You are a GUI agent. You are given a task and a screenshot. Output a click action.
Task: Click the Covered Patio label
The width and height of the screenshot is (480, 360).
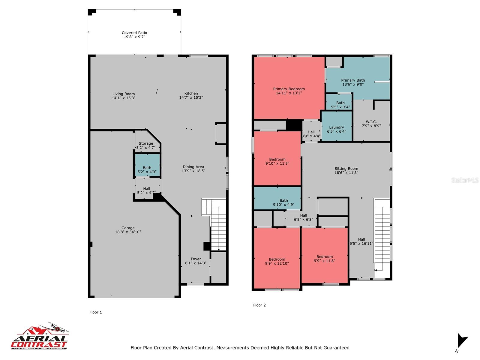tap(134, 33)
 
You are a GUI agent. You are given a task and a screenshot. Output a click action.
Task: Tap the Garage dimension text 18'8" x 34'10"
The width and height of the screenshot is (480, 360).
tap(128, 232)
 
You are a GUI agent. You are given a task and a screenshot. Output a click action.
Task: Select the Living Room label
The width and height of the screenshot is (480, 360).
tap(124, 94)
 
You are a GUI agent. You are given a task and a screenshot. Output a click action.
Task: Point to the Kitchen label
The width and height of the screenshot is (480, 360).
tap(191, 93)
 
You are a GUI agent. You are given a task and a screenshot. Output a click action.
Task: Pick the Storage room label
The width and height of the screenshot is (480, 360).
tap(146, 143)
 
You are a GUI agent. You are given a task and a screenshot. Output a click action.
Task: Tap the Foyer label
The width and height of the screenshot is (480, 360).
tap(196, 259)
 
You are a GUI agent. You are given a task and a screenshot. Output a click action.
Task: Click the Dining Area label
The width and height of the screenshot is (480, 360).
tap(193, 167)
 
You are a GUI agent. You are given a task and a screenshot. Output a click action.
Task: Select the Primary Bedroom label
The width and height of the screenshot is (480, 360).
tap(289, 89)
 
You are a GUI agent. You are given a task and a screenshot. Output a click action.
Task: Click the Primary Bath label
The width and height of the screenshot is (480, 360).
tap(353, 80)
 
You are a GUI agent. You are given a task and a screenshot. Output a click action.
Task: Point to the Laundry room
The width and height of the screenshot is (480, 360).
tap(337, 126)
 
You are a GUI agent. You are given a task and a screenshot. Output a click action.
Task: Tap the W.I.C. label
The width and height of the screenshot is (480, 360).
tap(371, 122)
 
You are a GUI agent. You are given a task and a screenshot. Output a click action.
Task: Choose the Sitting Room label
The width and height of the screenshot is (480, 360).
tap(346, 169)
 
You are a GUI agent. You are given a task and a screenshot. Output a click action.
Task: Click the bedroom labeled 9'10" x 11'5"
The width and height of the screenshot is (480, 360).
tap(277, 158)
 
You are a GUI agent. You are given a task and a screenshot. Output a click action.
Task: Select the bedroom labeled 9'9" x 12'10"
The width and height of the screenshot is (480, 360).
tap(277, 258)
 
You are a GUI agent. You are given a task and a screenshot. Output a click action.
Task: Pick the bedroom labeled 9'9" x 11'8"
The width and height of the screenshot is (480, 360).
tap(325, 256)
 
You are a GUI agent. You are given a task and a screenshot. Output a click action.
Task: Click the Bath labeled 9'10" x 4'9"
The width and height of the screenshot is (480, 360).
tap(277, 198)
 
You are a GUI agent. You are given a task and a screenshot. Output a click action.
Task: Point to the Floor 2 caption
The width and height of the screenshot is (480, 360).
tap(259, 305)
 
